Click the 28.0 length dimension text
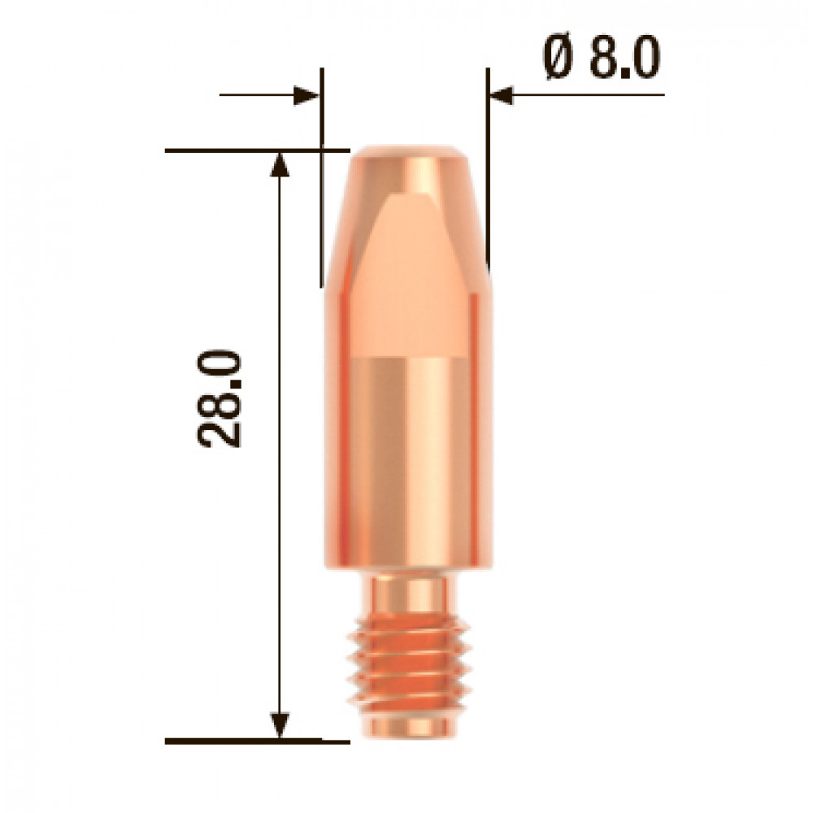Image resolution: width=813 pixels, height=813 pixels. (220, 398)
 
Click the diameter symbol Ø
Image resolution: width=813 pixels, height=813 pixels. (558, 58)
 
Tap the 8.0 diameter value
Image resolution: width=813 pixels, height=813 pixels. (624, 58)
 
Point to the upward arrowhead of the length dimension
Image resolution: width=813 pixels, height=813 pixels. (280, 164)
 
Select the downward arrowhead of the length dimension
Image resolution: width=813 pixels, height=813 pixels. (280, 725)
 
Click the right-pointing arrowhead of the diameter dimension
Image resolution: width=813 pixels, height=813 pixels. (306, 95)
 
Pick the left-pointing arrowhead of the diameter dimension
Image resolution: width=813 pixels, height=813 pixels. (502, 95)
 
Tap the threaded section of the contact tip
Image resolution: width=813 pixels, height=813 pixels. (409, 663)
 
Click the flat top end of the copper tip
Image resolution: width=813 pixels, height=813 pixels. (409, 151)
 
